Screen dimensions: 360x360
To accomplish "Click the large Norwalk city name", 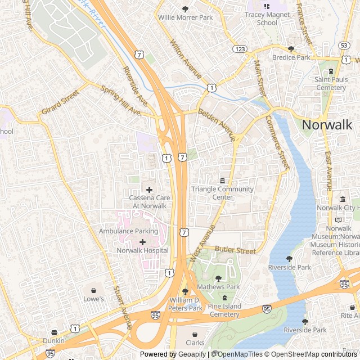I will coord(327,125).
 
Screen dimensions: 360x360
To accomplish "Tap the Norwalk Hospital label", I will coord(142,250).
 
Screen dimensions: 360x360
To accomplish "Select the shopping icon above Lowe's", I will coord(94,290).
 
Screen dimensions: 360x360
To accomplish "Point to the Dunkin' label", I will coord(54,341).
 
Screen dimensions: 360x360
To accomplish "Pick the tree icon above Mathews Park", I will coord(218,278).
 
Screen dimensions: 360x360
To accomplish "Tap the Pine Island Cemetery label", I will coord(224,310).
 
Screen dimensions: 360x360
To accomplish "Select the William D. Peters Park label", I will coord(186,304).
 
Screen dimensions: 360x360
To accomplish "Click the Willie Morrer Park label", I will coord(186,18).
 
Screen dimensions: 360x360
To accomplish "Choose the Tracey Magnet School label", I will coord(267,19).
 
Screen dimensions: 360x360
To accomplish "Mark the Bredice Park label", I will coord(291,57).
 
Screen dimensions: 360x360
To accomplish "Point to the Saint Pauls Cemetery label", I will coord(331,84).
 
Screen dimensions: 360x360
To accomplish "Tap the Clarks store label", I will coord(195,343).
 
